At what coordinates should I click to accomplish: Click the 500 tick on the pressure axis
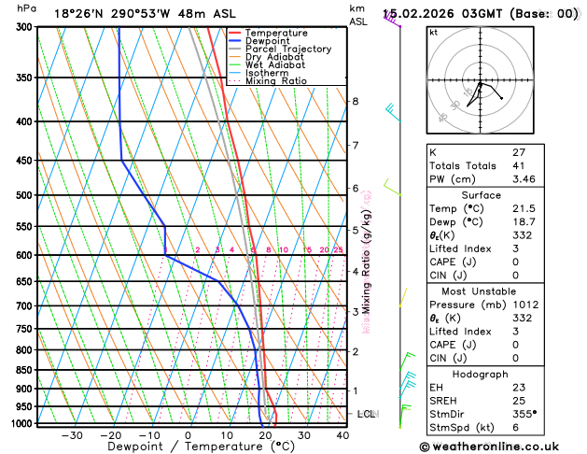[24, 195]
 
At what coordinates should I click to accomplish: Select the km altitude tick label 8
[355, 101]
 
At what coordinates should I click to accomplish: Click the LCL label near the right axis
[366, 414]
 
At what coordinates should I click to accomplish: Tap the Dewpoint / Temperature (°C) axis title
[189, 447]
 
